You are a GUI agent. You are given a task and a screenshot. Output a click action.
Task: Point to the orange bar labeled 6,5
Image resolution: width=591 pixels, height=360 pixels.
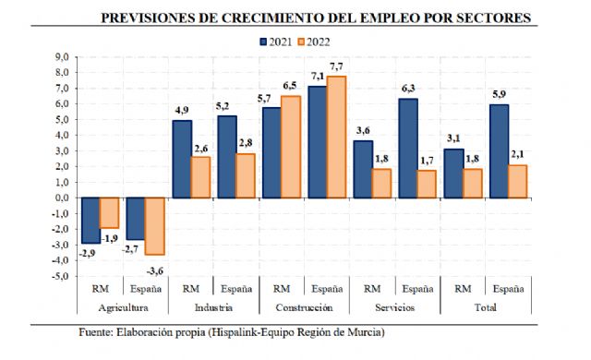point(291,146)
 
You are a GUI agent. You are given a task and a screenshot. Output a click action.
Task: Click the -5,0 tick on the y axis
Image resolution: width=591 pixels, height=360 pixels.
point(62,275)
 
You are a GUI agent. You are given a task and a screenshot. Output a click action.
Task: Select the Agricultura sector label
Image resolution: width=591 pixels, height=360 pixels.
point(125,307)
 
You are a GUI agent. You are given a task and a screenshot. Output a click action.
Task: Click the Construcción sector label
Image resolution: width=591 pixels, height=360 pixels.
point(305,307)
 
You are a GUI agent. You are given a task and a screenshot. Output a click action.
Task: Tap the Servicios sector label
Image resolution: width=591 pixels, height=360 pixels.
point(394,307)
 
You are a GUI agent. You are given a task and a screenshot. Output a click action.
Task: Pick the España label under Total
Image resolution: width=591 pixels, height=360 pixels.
point(507,287)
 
